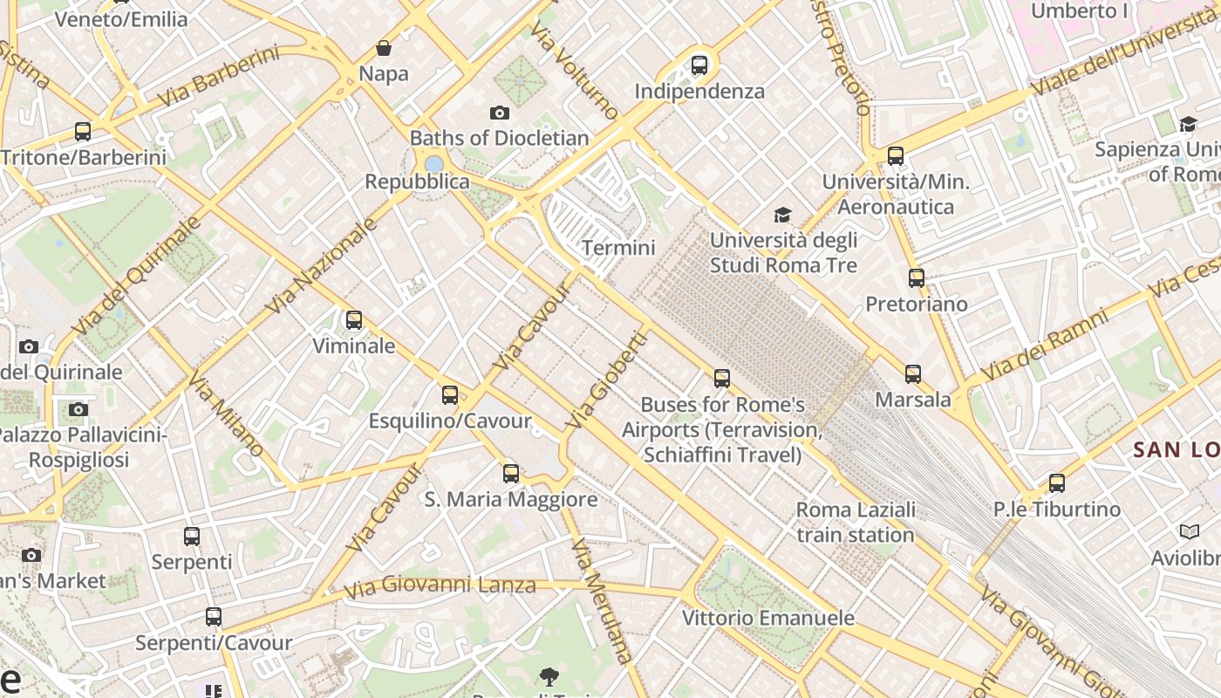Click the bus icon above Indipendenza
coord(699,65)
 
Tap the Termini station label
coord(617,248)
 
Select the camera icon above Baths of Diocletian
coord(499,113)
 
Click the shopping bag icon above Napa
coord(383,48)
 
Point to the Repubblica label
coord(417,181)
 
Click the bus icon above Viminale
coord(353,320)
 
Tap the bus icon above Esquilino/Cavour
coord(449,395)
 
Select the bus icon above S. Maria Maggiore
coord(510,474)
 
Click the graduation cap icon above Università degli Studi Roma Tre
coord(782,215)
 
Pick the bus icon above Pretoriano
coord(916,278)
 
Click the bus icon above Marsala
coord(912,374)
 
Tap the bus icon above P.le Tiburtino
coord(1056,482)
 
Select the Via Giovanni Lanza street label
coord(440,585)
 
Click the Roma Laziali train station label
coord(855,522)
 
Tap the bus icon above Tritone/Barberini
coord(83,132)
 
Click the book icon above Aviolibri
coord(1189,531)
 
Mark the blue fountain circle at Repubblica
coord(433,164)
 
